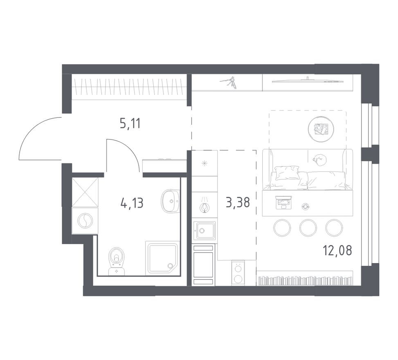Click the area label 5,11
tap(130, 123)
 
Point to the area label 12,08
tap(337, 250)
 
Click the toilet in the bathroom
tap(117, 261)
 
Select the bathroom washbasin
tap(170, 200)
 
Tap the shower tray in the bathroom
tap(162, 258)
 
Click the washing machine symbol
tap(85, 221)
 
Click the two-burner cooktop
tap(237, 272)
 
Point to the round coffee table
tap(322, 128)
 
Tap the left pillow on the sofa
tap(287, 173)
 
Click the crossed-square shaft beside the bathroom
tap(85, 192)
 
